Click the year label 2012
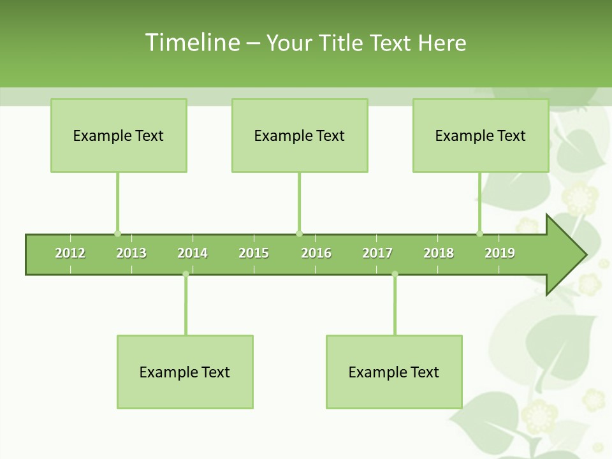click(70, 253)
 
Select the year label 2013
click(131, 253)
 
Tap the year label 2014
click(193, 253)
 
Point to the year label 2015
click(254, 253)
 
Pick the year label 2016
click(316, 253)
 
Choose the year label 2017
click(377, 253)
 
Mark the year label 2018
click(439, 253)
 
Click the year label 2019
click(500, 253)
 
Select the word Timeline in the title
click(192, 43)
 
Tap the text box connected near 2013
click(119, 135)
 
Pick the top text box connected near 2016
click(300, 135)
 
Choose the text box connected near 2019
click(481, 135)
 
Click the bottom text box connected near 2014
click(185, 372)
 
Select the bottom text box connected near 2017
click(394, 372)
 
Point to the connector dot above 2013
click(117, 233)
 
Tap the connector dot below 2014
click(186, 274)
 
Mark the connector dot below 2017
click(395, 274)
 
